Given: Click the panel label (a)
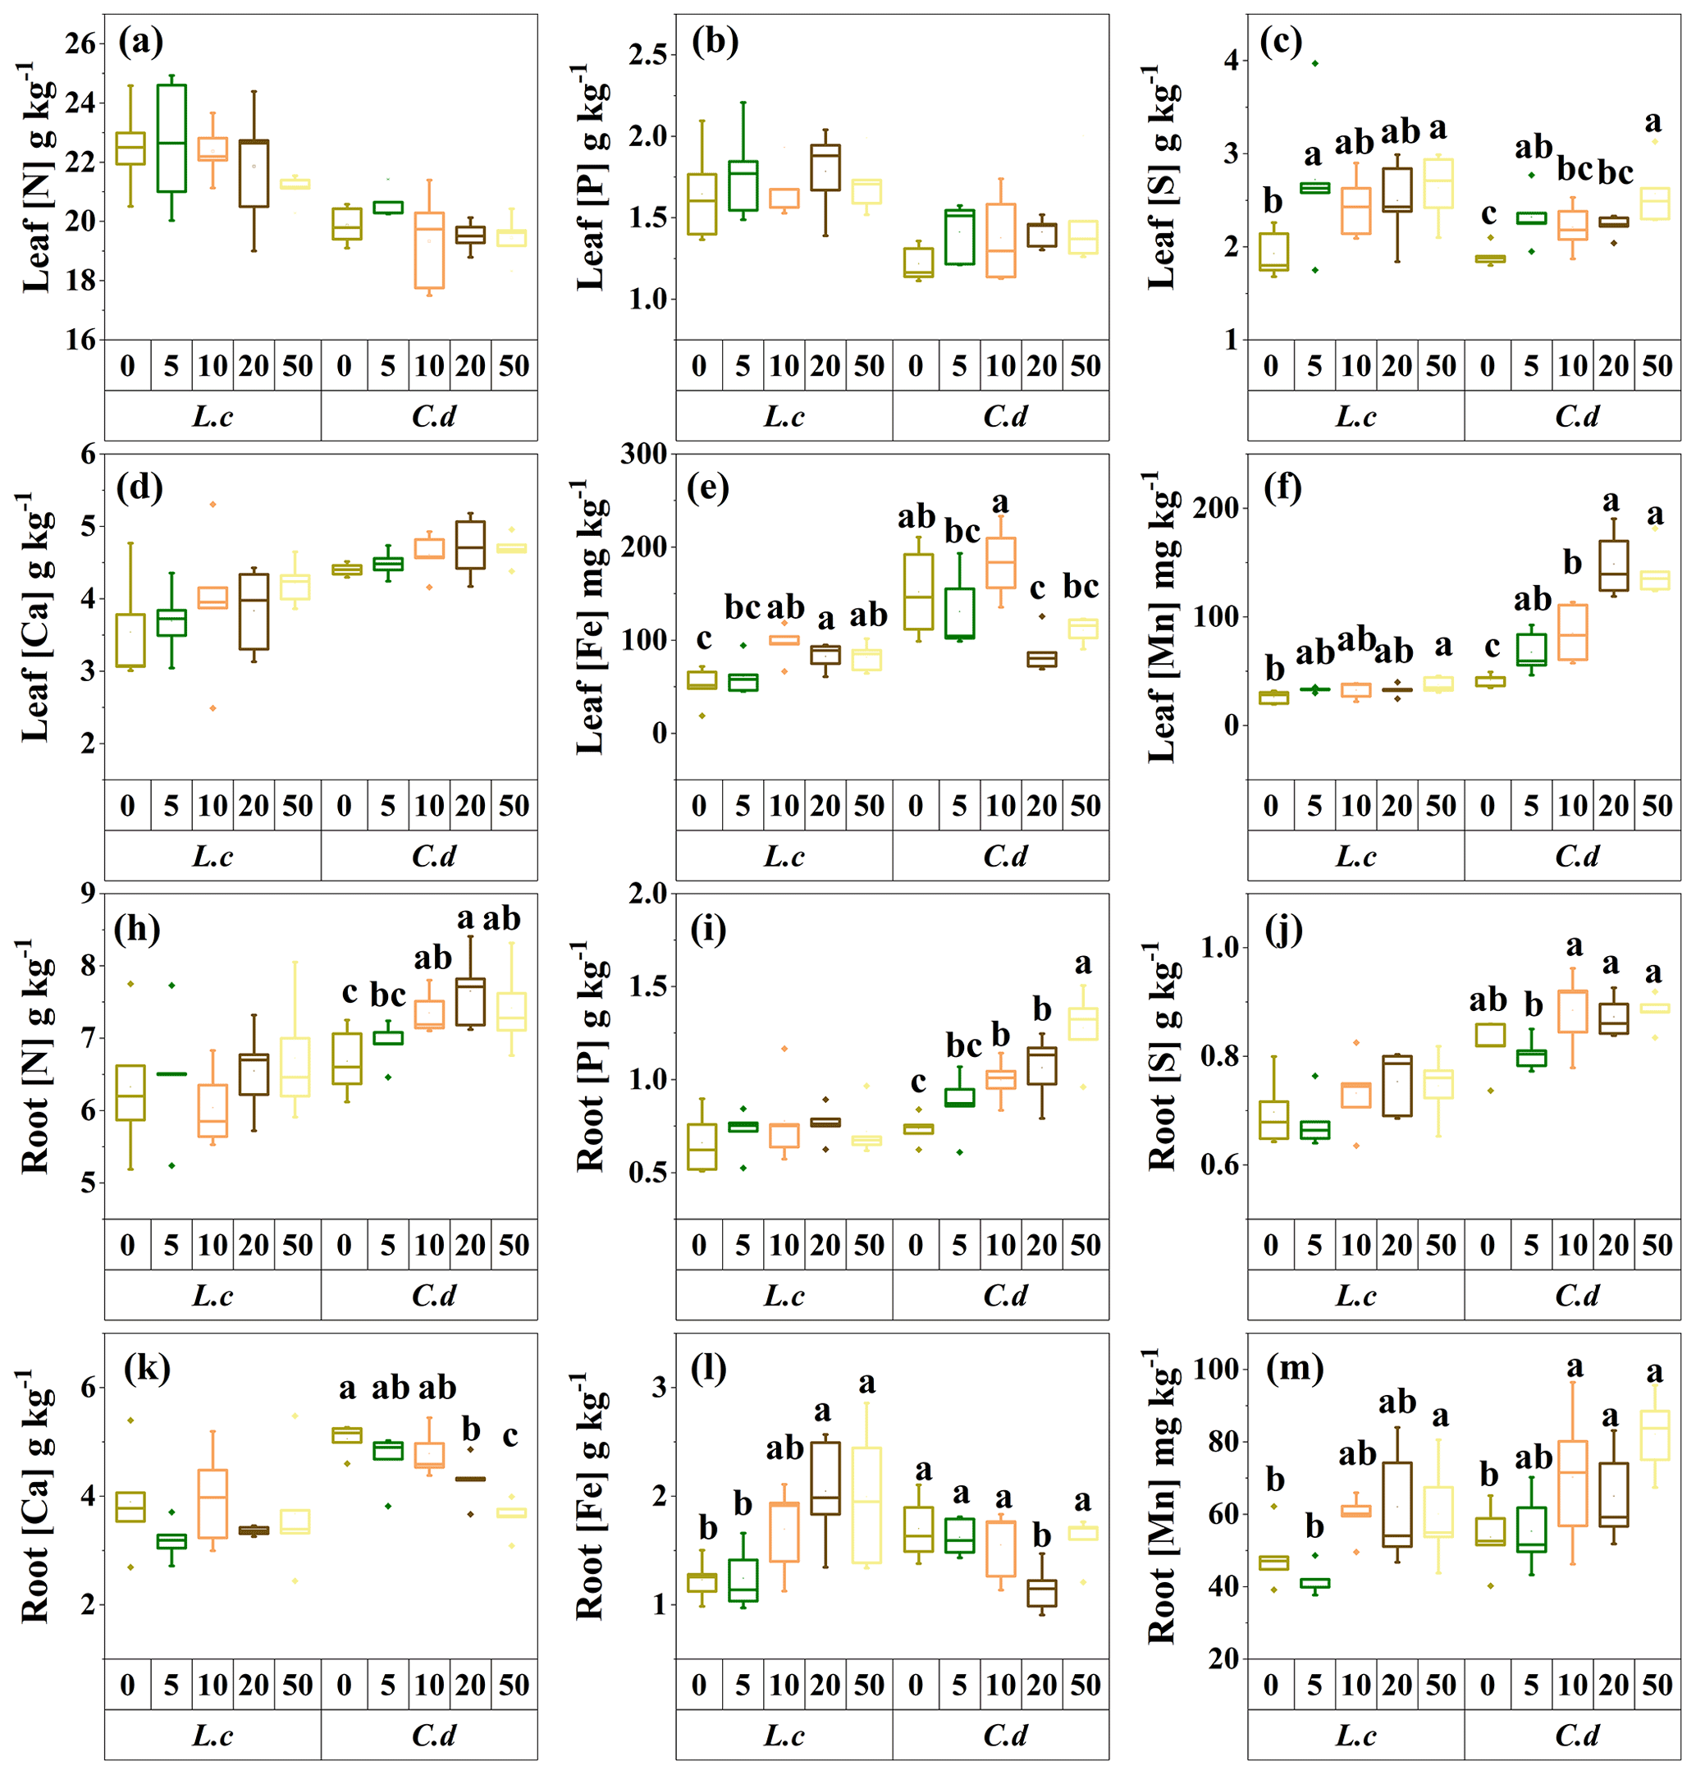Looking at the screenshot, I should click(x=140, y=42).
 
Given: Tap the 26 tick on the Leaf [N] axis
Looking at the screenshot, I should click(x=80, y=43).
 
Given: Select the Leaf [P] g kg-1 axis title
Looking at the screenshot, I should click(x=593, y=177).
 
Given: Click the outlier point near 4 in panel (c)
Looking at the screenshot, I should click(x=1314, y=62).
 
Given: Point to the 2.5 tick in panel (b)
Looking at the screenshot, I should click(x=647, y=54).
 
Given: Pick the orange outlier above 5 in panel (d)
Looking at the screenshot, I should click(x=213, y=504).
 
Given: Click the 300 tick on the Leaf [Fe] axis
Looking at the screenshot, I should click(x=642, y=454).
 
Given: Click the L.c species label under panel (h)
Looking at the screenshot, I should click(x=213, y=1295).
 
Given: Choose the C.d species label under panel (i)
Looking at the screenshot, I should click(x=1004, y=1295).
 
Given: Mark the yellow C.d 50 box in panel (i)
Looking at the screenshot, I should click(x=1083, y=1023).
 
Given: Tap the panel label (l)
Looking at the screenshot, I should click(x=710, y=1369).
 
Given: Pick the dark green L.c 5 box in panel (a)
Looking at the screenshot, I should click(x=171, y=139).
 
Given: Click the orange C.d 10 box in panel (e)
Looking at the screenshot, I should click(x=1000, y=562).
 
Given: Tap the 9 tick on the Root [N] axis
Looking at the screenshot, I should click(x=88, y=894).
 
